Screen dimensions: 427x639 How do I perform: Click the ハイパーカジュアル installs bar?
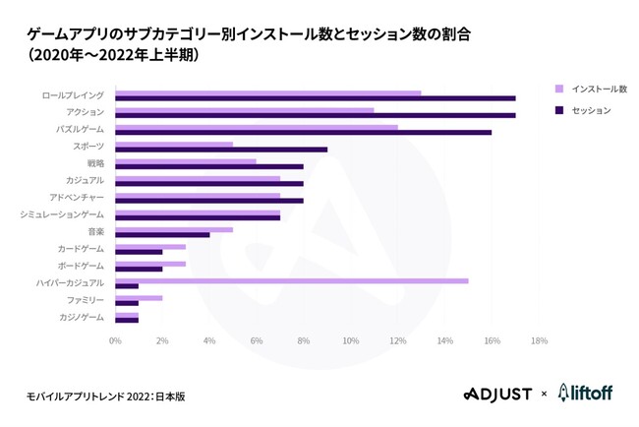(x=291, y=280)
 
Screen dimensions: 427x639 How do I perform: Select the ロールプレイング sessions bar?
(x=315, y=98)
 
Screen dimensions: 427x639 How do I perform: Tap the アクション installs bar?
(x=244, y=110)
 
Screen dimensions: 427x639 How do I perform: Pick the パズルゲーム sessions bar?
(x=303, y=132)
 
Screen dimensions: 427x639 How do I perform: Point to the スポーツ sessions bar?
(x=220, y=150)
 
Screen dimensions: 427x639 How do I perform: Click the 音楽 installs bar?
(x=173, y=229)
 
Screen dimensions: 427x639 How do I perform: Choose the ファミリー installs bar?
(x=138, y=297)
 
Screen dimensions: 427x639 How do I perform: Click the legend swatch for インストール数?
(x=559, y=88)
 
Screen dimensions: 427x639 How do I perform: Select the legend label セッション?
(x=593, y=110)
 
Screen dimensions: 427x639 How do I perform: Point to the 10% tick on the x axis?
(x=350, y=340)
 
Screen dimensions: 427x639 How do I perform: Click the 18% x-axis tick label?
(x=539, y=340)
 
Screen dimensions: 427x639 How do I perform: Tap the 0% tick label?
(x=115, y=340)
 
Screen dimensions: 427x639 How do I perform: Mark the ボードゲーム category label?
(x=80, y=265)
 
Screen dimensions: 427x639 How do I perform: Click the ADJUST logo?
(x=497, y=394)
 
